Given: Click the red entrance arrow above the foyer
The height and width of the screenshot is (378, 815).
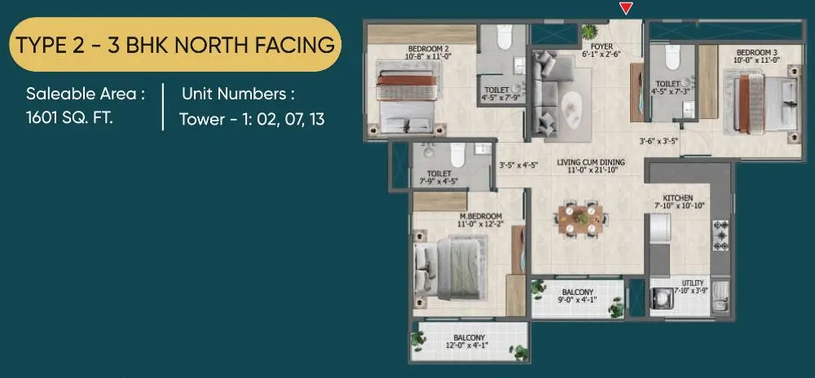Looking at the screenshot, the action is pos(626,8).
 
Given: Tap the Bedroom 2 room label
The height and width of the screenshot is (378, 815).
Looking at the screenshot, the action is pos(425,51).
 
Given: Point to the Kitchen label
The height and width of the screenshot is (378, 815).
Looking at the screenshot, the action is pos(678,198).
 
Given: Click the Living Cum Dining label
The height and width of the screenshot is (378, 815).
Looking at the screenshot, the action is pos(591,162).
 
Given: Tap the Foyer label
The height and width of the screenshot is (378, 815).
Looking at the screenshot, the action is pos(603,46).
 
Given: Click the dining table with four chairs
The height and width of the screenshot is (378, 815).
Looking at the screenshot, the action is pos(581,218).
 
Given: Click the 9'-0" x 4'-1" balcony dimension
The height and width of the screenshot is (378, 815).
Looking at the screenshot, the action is pos(578,300).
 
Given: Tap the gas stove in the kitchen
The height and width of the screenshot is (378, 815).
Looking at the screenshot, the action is pos(720,235).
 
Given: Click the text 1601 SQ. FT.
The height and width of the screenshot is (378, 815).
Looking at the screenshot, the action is pos(69,117).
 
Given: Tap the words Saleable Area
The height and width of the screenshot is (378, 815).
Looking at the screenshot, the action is pos(81,94).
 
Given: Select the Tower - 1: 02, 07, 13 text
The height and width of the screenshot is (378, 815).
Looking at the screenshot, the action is pos(252,120).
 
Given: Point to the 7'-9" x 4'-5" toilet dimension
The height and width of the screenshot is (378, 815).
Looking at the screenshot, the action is pos(439,181).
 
